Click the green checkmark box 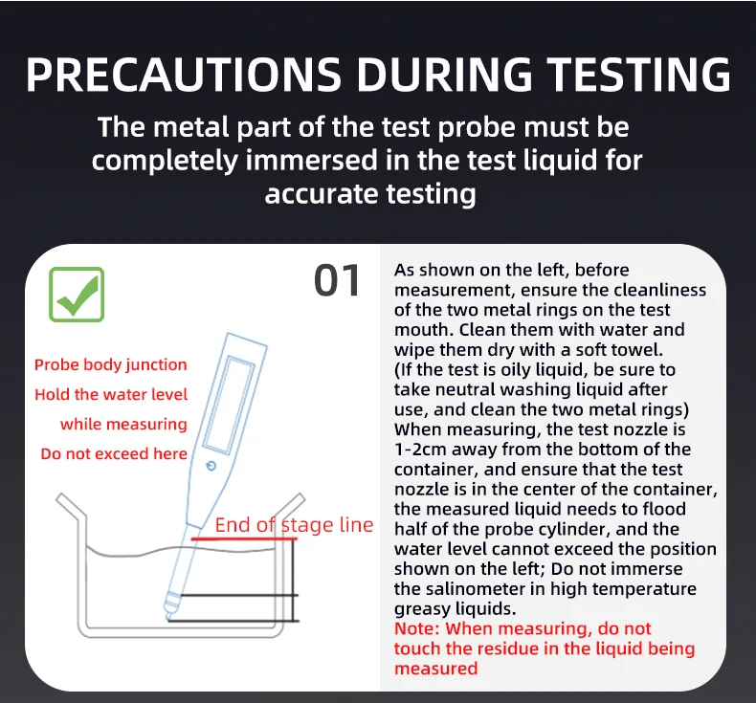[x=77, y=295]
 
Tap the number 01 [x=337, y=280]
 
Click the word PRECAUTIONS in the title [x=184, y=75]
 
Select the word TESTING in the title [x=640, y=75]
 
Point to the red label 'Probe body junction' [x=110, y=364]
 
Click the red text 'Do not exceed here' [x=114, y=454]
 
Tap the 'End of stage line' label [x=294, y=525]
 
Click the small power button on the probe [x=211, y=466]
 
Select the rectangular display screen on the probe [x=229, y=406]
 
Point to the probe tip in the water [x=168, y=615]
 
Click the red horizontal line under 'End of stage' [x=243, y=538]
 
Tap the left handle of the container [x=71, y=507]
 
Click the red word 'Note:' [x=417, y=628]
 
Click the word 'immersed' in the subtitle [x=311, y=160]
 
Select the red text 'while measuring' [x=123, y=424]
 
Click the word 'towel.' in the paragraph [x=637, y=350]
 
